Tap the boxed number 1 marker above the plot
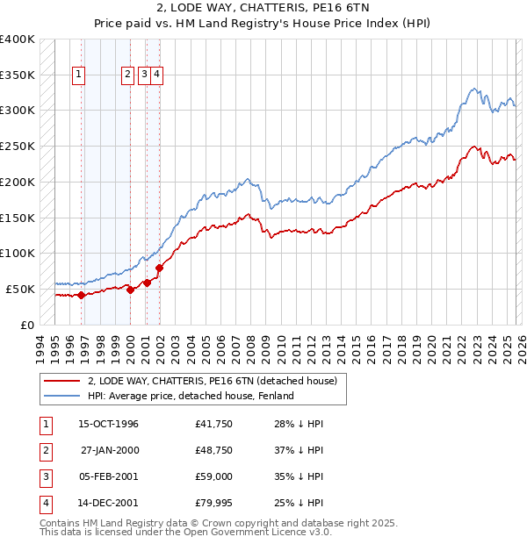click(79, 75)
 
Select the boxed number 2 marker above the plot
click(128, 75)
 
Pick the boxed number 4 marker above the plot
click(156, 75)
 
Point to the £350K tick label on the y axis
click(18, 75)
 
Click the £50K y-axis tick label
click(21, 289)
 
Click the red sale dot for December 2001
click(159, 268)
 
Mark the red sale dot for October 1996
click(81, 295)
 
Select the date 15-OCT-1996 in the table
click(108, 425)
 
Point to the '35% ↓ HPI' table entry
click(298, 476)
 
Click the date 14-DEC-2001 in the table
click(108, 503)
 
